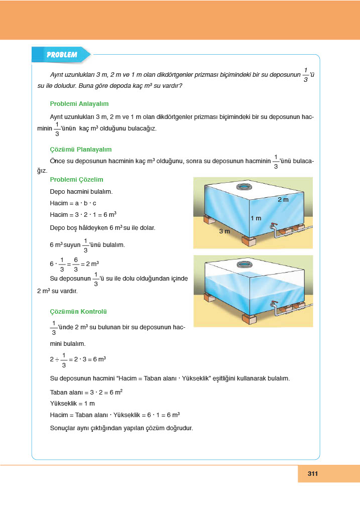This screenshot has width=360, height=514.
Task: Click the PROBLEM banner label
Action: click(x=61, y=55)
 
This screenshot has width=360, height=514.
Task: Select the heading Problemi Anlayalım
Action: click(x=79, y=104)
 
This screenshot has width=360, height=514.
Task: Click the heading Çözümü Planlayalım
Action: click(x=81, y=150)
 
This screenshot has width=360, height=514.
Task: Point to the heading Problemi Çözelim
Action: click(x=77, y=179)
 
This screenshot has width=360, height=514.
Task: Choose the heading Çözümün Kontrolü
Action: click(x=78, y=311)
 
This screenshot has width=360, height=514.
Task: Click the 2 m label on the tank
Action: click(x=283, y=200)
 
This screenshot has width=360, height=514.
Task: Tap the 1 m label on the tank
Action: click(x=256, y=218)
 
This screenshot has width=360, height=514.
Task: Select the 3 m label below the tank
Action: click(x=224, y=231)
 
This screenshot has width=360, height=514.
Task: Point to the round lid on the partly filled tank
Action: click(x=245, y=265)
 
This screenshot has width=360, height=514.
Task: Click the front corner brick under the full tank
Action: click(x=249, y=241)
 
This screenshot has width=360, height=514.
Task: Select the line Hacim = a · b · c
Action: click(x=73, y=203)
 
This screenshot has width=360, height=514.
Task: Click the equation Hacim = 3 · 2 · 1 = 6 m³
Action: click(x=83, y=215)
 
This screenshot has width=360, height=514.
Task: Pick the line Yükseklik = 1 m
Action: click(x=73, y=404)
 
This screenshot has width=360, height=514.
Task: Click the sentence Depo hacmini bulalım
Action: click(x=81, y=192)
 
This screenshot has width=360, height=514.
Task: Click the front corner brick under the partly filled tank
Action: click(x=249, y=319)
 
